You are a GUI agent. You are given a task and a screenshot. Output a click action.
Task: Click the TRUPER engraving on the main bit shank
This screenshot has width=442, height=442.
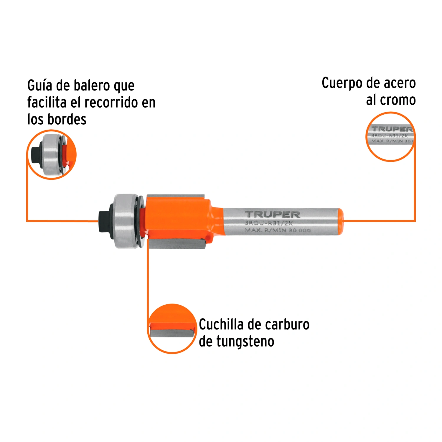point(272,215)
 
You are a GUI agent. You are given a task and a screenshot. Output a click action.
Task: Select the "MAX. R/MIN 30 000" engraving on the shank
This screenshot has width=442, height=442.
point(278,230)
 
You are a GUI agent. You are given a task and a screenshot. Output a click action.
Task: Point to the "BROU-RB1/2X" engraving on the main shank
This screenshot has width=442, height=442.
point(268,223)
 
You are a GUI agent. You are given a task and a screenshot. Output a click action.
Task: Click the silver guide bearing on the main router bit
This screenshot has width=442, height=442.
point(126,221)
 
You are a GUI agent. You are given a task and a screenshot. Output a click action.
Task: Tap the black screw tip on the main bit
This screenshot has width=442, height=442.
point(104,221)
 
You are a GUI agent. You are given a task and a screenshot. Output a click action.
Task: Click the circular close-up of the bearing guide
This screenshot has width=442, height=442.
point(52,154)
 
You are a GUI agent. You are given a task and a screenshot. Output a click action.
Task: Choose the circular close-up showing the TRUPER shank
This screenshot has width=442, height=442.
point(390,137)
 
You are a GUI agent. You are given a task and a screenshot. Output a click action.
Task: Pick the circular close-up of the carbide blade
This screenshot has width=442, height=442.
point(172,329)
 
